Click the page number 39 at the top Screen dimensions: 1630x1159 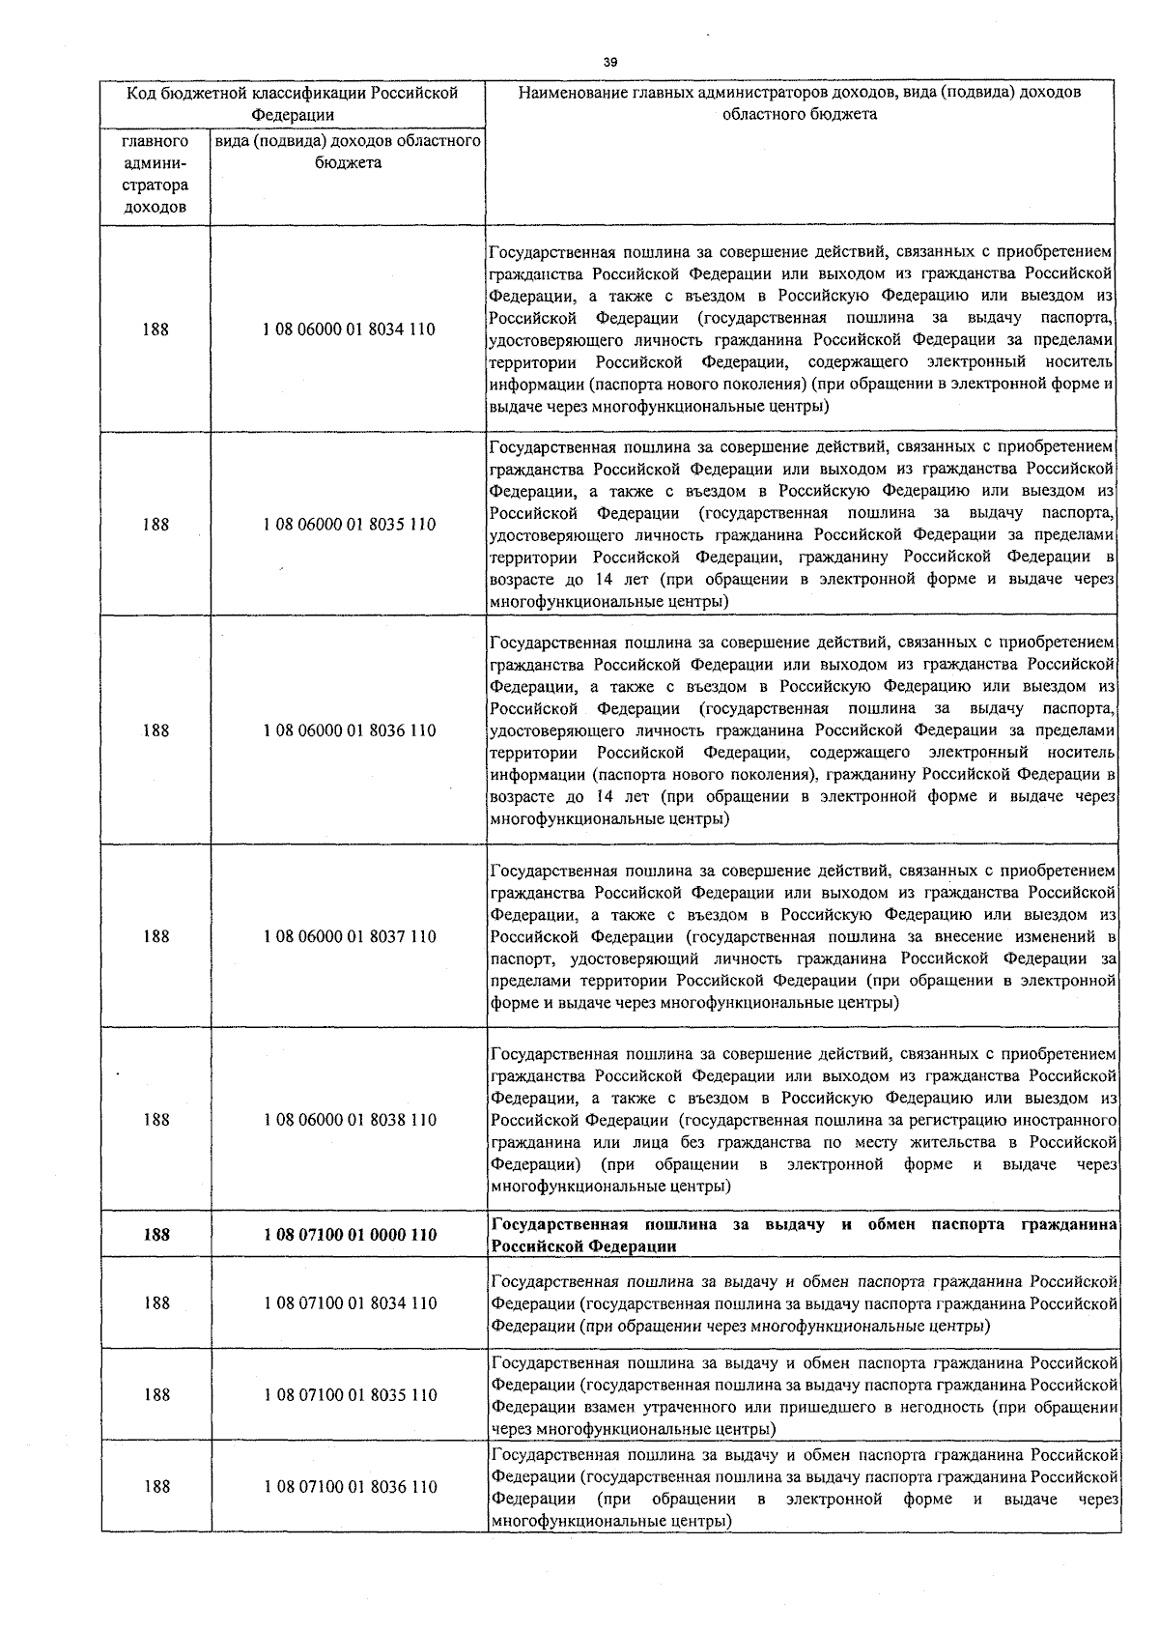tap(609, 62)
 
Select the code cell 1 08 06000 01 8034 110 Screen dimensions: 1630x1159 tap(349, 329)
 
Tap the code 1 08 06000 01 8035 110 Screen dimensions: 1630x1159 tap(349, 525)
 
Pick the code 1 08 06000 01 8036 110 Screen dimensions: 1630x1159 tap(349, 730)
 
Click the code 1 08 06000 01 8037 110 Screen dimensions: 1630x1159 tap(349, 936)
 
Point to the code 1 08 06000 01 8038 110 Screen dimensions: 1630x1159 tap(349, 1120)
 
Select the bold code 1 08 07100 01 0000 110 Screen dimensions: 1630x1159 tap(349, 1235)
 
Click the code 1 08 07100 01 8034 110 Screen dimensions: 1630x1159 tap(349, 1303)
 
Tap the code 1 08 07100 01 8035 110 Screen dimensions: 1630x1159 tap(349, 1395)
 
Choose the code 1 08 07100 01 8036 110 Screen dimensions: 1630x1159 tap(349, 1487)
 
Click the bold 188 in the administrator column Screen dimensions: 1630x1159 tap(155, 1235)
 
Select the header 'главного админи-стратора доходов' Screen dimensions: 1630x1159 tap(155, 175)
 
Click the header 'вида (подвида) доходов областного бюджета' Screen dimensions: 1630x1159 tap(348, 153)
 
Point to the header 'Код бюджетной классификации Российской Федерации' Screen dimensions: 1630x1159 tap(293, 103)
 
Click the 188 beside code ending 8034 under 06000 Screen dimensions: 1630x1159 tap(155, 329)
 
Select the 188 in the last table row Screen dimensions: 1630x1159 tap(155, 1487)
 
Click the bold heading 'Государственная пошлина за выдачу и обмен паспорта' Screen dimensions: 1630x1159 tap(804, 1235)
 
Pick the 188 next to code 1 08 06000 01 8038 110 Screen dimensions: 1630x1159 tap(155, 1120)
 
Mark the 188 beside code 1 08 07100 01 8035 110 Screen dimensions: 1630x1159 tap(155, 1395)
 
